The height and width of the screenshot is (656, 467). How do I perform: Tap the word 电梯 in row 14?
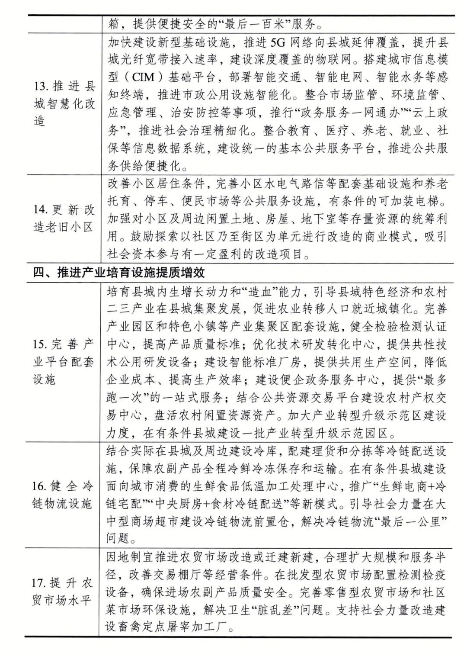[x=428, y=202]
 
